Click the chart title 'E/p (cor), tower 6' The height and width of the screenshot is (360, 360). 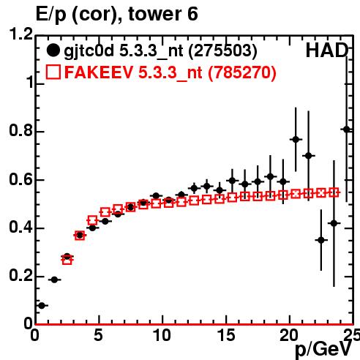point(116,14)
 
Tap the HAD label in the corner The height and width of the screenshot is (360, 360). point(327,50)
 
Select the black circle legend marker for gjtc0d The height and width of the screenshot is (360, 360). point(53,50)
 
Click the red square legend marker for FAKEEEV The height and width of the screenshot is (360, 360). point(53,72)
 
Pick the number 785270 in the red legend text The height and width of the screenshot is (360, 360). point(242,72)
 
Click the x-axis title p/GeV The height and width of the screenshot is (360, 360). point(323,349)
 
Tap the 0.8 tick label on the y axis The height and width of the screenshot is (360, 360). point(21,130)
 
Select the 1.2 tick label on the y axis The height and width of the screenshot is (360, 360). point(21,34)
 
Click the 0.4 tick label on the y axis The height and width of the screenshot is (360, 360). point(21,227)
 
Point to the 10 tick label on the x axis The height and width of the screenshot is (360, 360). point(162,335)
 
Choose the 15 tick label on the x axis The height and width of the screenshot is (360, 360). point(226,335)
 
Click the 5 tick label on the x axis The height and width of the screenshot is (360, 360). point(98,335)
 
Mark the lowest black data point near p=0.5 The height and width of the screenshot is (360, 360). point(42,305)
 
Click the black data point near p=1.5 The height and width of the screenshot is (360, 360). point(54,280)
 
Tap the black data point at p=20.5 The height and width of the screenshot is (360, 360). point(296,140)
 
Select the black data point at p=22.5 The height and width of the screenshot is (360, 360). point(321,240)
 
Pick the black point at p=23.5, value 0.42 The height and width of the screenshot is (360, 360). point(334,223)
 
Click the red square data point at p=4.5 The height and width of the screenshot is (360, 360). point(92,220)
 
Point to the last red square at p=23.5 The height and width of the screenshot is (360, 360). point(334,192)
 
